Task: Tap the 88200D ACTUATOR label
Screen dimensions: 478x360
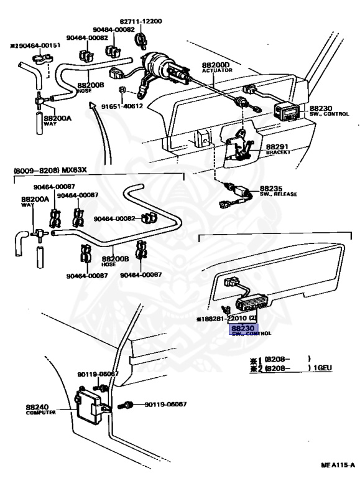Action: click(216, 68)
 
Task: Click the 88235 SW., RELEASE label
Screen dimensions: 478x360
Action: click(277, 190)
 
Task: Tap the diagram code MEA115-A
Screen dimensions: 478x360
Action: click(338, 464)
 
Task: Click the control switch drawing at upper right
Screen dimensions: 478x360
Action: click(287, 113)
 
